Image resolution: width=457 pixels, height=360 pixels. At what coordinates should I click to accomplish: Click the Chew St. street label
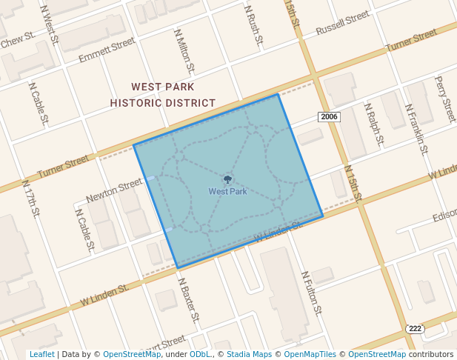(x=18, y=40)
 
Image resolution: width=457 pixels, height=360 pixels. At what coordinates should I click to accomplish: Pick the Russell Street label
(x=342, y=24)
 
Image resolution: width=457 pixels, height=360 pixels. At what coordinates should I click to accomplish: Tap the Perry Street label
(x=446, y=99)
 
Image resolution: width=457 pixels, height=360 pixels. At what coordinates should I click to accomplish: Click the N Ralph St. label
(x=375, y=124)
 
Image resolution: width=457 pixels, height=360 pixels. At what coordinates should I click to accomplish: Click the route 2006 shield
(x=329, y=116)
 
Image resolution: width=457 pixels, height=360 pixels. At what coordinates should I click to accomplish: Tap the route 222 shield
(x=415, y=328)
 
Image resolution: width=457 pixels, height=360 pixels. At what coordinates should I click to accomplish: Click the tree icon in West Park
(x=227, y=179)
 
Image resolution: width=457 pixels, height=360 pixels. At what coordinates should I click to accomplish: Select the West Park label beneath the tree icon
(x=227, y=191)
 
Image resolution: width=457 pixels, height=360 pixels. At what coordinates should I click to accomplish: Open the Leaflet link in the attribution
(x=41, y=354)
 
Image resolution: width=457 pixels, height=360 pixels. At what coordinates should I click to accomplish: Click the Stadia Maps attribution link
(x=249, y=354)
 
